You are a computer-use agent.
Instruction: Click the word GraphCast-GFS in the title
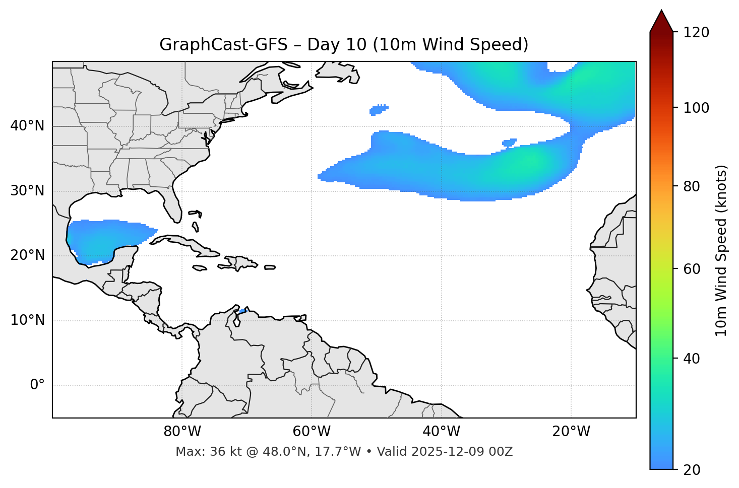[x=223, y=45]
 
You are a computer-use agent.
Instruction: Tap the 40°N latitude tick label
[x=27, y=126]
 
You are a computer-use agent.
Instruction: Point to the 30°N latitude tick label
[x=27, y=191]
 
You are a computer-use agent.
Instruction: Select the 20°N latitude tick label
[x=27, y=255]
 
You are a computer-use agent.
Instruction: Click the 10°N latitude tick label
[x=27, y=320]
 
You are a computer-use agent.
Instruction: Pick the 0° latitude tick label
[x=37, y=385]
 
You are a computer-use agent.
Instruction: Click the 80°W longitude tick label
[x=182, y=432]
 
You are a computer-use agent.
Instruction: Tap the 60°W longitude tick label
[x=312, y=432]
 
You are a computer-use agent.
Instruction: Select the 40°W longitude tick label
[x=441, y=432]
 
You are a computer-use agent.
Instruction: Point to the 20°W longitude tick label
[x=571, y=432]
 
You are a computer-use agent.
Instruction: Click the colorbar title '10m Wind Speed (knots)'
[x=721, y=250]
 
